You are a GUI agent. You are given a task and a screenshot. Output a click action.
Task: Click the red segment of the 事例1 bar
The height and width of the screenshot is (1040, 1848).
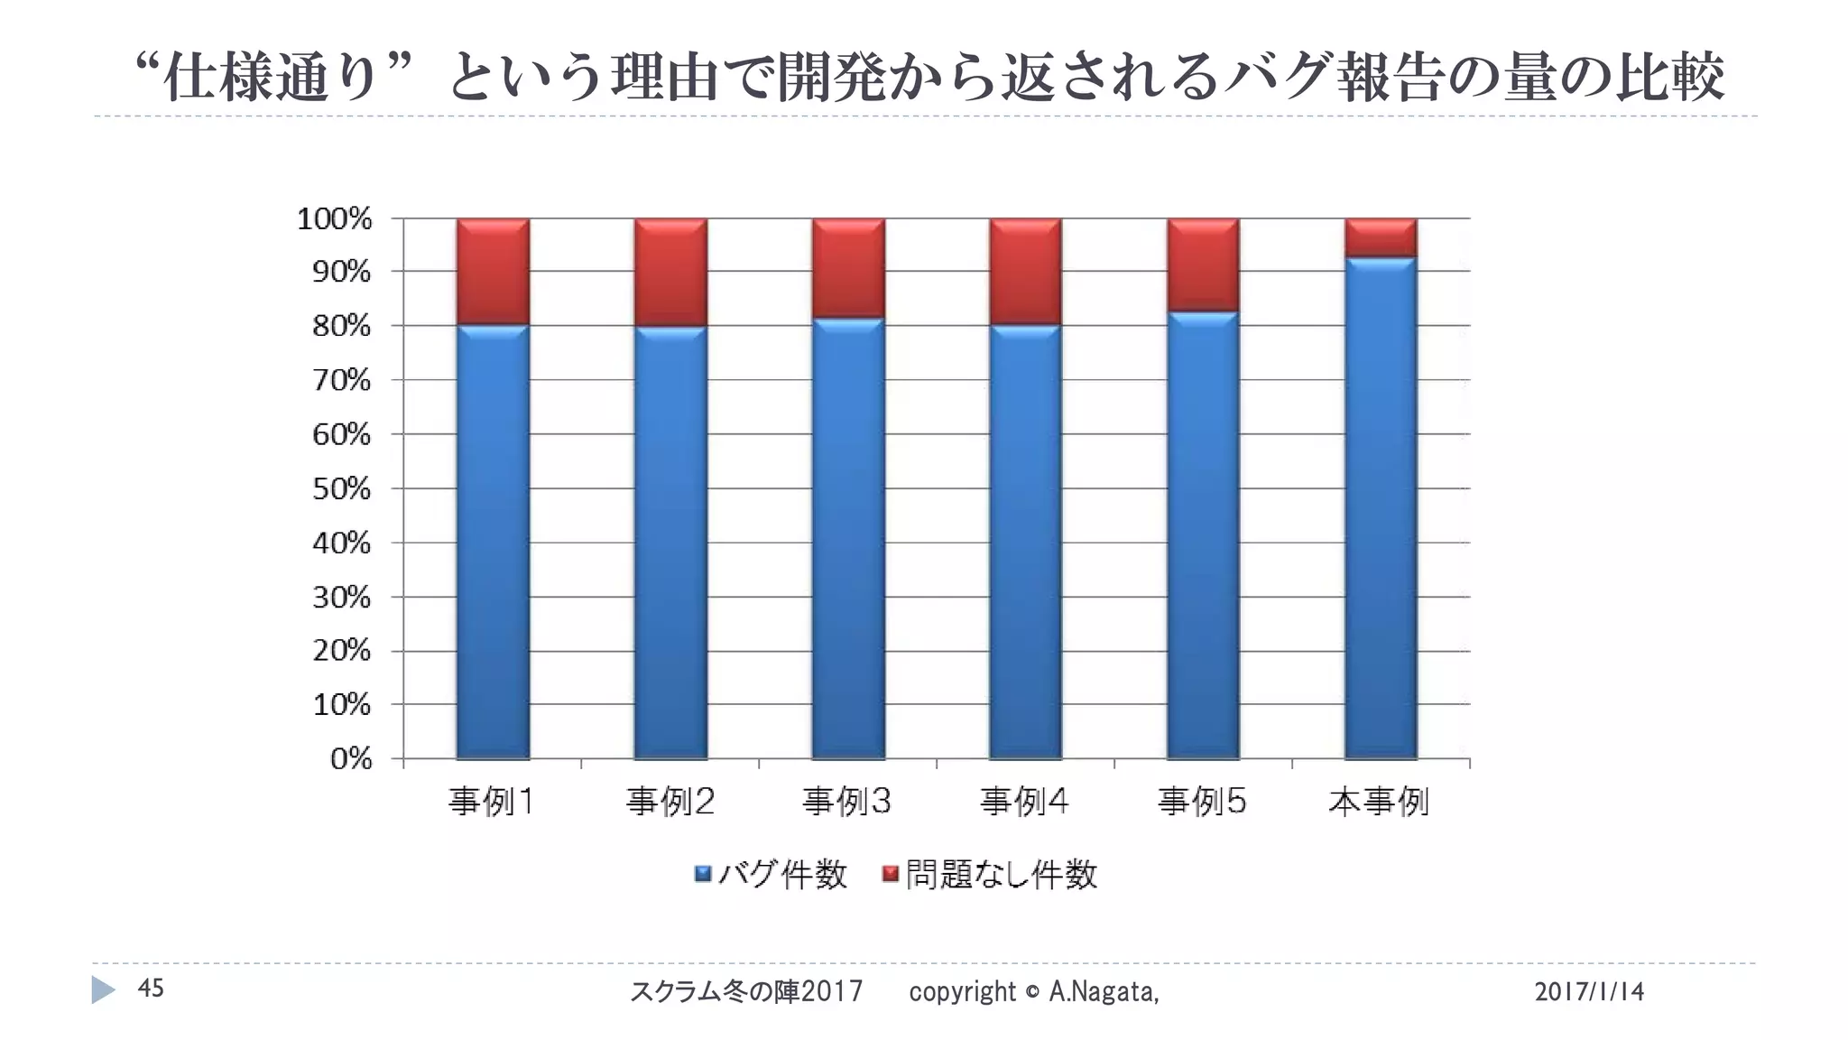tap(493, 271)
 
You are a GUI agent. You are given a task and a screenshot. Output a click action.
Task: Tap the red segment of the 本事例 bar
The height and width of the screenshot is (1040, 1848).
tap(1381, 237)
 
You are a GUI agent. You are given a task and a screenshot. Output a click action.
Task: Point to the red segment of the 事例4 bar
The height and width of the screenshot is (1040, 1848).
tap(1025, 271)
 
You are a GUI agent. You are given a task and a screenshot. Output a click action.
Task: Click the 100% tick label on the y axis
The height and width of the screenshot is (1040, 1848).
tap(334, 218)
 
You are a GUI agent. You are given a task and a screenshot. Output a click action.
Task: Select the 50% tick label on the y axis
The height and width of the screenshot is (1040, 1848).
tap(341, 489)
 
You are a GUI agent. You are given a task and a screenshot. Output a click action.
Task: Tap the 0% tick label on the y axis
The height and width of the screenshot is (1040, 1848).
tap(350, 759)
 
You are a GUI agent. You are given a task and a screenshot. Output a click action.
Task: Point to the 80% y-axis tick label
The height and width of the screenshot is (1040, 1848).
tap(341, 326)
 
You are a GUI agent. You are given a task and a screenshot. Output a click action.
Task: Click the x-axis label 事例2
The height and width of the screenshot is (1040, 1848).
tap(670, 802)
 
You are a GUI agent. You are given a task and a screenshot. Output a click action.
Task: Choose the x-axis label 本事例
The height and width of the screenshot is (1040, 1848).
tap(1379, 802)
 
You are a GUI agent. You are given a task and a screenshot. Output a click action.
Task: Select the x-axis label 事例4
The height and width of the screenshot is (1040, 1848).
tap(1025, 802)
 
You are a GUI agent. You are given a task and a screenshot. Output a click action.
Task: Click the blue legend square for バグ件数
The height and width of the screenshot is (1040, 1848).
tap(703, 874)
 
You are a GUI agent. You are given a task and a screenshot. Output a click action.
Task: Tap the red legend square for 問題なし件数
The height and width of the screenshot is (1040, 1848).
tap(891, 874)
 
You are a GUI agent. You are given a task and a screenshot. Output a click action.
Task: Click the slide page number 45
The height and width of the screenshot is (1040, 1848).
tap(151, 989)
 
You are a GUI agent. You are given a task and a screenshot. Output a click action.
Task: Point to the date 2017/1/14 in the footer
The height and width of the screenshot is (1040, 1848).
tap(1589, 992)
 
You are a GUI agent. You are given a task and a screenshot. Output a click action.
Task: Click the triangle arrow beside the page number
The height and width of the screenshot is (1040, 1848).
tap(103, 990)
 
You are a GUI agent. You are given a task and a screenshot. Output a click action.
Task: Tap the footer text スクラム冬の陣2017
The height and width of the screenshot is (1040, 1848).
tap(745, 992)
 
